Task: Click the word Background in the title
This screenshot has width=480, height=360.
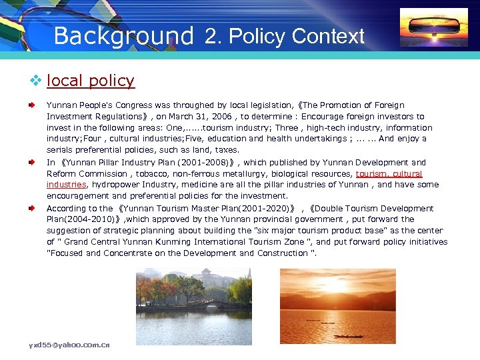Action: tap(123, 35)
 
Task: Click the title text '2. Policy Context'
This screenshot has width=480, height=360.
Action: tap(285, 36)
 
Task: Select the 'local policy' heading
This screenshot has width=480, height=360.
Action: tap(91, 81)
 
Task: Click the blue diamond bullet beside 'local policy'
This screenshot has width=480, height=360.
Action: tap(36, 81)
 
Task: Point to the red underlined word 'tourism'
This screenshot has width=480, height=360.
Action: tap(370, 173)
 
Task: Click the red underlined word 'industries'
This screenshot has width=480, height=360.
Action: tap(67, 185)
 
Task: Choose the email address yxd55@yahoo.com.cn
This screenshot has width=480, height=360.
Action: tap(69, 345)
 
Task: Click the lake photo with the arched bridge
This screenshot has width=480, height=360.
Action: tap(193, 306)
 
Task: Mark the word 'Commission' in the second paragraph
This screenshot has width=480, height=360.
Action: tap(97, 173)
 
